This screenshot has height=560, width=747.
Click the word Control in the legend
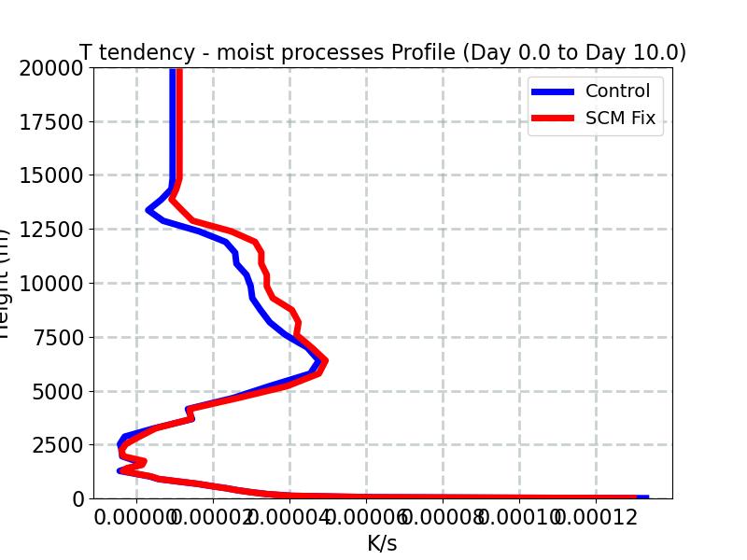click(x=617, y=91)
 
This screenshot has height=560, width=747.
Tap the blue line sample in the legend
click(x=553, y=91)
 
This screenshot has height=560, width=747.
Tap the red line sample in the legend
click(x=553, y=119)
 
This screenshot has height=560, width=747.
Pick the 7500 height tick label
click(x=56, y=337)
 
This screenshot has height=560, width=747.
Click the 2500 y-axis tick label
click(x=56, y=445)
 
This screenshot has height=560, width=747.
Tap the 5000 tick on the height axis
click(x=56, y=391)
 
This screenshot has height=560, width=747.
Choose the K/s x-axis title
click(x=382, y=543)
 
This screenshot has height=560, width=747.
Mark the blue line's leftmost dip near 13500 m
click(x=149, y=210)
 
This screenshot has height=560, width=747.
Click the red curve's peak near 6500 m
click(x=324, y=360)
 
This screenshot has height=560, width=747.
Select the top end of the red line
click(x=177, y=70)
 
